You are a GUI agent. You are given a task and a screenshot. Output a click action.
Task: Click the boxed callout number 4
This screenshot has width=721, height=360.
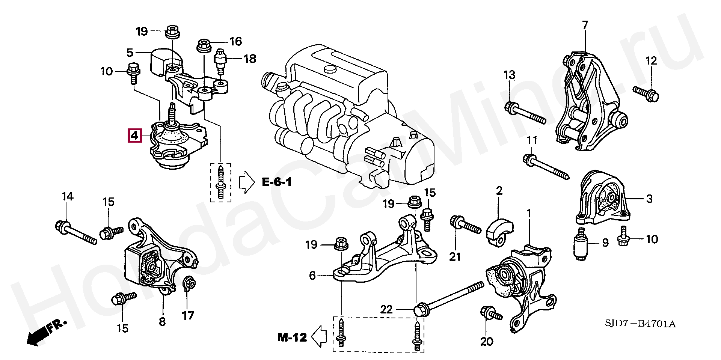pyautogui.click(x=134, y=136)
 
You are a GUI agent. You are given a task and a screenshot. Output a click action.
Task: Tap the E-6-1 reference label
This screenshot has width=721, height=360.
pyautogui.click(x=277, y=183)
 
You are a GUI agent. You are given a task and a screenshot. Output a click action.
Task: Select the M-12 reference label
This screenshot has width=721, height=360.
pyautogui.click(x=292, y=337)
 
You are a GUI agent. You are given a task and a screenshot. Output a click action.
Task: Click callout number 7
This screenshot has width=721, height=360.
pyautogui.click(x=585, y=25)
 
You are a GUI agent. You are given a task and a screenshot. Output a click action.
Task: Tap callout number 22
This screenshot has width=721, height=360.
pyautogui.click(x=386, y=310)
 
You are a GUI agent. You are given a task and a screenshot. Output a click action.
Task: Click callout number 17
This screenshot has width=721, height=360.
pyautogui.click(x=188, y=315)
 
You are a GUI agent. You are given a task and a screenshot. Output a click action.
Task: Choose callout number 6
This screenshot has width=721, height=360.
pyautogui.click(x=313, y=276)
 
